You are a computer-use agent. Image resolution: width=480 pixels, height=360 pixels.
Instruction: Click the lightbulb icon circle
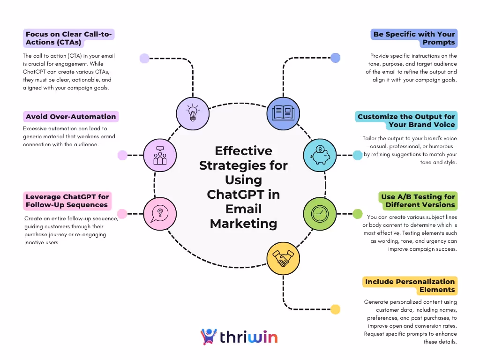click(193, 113)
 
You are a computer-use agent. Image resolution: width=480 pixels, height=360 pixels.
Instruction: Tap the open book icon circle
click(283, 113)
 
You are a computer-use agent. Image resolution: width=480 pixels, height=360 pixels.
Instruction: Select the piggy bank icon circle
click(320, 155)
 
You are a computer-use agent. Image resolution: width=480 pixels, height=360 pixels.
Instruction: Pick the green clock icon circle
click(320, 214)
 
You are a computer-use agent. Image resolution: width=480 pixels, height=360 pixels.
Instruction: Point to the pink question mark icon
click(160, 214)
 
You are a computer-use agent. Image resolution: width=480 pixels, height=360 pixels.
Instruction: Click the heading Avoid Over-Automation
click(71, 117)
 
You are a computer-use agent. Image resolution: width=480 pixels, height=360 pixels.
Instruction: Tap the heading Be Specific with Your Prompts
click(414, 38)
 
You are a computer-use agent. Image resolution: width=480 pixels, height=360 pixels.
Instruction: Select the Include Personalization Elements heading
click(410, 285)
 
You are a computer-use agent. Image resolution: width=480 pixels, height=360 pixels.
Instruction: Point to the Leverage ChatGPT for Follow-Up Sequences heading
click(67, 201)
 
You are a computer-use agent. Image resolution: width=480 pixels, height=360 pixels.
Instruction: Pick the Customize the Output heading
click(406, 120)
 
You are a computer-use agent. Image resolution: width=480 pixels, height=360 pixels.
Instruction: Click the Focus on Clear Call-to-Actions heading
click(70, 38)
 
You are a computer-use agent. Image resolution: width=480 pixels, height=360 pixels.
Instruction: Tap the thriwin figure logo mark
click(209, 337)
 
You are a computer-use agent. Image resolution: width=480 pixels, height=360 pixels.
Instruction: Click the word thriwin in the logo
click(249, 337)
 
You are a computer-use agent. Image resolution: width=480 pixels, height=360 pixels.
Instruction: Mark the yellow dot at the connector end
click(335, 309)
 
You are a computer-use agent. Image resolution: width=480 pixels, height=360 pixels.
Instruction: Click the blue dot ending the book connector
click(335, 58)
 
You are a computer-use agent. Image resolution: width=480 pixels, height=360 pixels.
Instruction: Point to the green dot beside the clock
click(357, 214)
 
